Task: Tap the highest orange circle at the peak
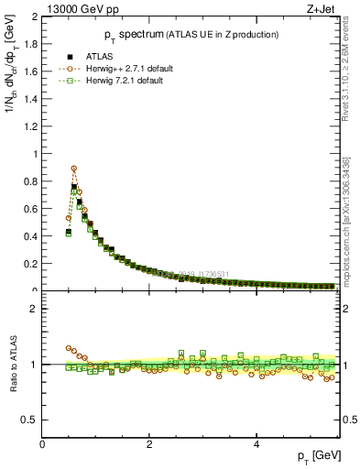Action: (74, 169)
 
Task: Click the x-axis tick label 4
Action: (256, 444)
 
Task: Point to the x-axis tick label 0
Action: (42, 444)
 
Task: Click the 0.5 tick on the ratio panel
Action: (29, 420)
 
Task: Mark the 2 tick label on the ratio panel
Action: (34, 309)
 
